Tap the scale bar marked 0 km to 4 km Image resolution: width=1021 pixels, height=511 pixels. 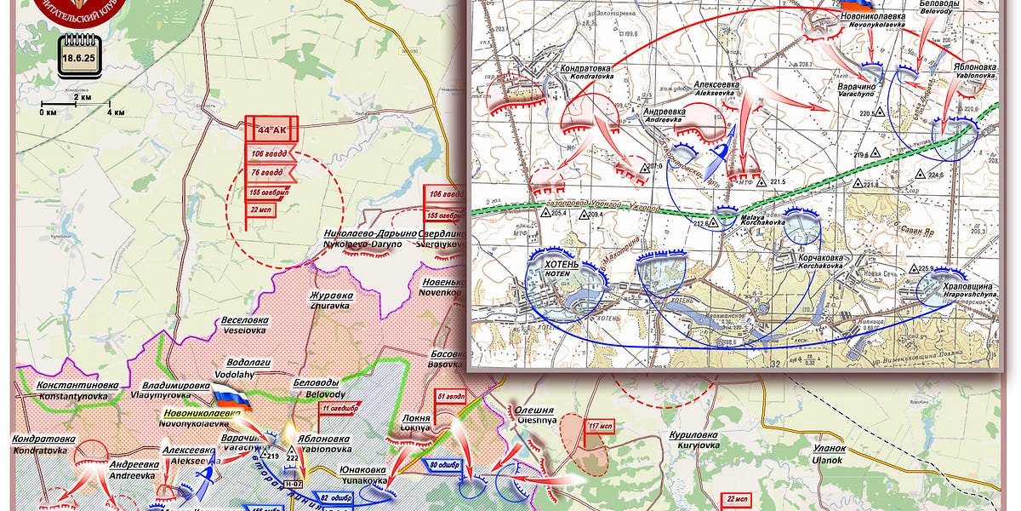(75, 106)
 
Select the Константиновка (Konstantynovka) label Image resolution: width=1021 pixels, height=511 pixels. (77, 391)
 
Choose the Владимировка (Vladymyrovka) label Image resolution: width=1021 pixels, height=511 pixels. (175, 390)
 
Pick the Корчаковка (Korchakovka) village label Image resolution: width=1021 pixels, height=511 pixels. (822, 261)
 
